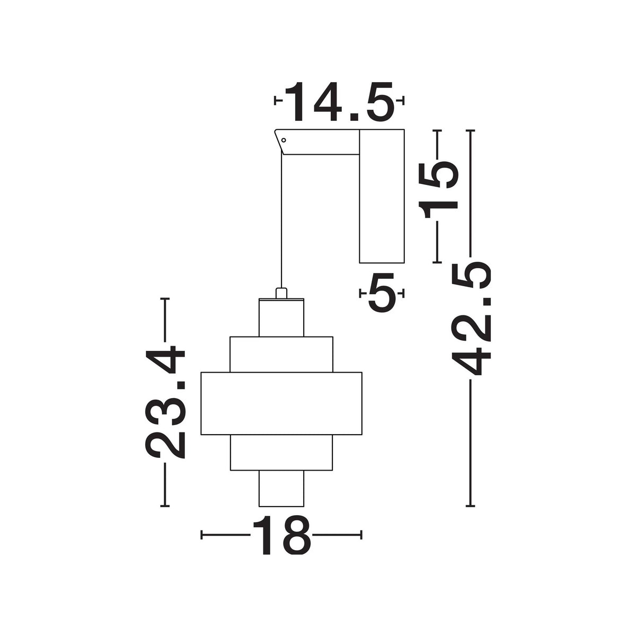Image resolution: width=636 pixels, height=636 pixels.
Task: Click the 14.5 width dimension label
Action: point(339,102)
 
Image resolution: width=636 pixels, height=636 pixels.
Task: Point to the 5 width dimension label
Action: point(382,293)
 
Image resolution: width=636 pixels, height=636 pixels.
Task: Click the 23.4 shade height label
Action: point(165,402)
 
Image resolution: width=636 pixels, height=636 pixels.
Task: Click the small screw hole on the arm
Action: point(283,140)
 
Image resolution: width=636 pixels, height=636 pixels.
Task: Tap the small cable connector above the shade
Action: point(281,293)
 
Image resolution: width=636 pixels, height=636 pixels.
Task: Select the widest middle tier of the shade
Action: point(281,403)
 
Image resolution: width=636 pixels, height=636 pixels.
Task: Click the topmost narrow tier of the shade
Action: point(281,317)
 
